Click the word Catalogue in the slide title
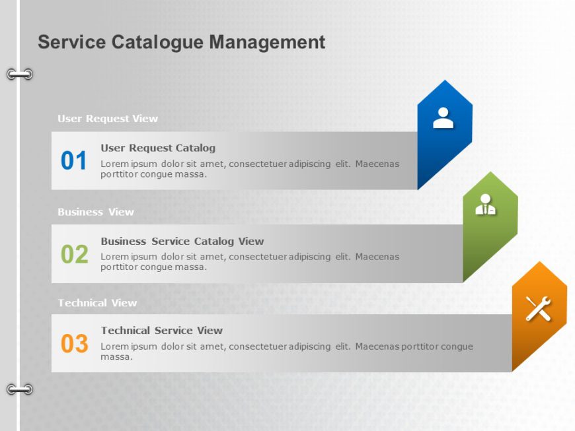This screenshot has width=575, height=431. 157,42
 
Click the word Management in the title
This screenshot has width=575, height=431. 267,42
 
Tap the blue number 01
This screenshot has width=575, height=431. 74,161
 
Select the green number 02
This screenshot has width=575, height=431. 74,254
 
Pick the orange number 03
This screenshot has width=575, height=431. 74,344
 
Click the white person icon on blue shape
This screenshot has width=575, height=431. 443,117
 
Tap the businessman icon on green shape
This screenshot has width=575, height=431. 486,205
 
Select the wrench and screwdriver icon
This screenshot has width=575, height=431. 538,308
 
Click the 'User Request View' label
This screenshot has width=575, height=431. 108,119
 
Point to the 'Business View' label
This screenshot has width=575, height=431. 96,212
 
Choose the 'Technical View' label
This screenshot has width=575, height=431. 97,303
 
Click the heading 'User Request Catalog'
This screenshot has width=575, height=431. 158,148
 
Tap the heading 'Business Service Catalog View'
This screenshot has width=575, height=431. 182,242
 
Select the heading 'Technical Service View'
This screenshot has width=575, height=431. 161,331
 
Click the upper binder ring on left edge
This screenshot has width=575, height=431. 20,74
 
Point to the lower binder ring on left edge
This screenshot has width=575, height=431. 20,389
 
